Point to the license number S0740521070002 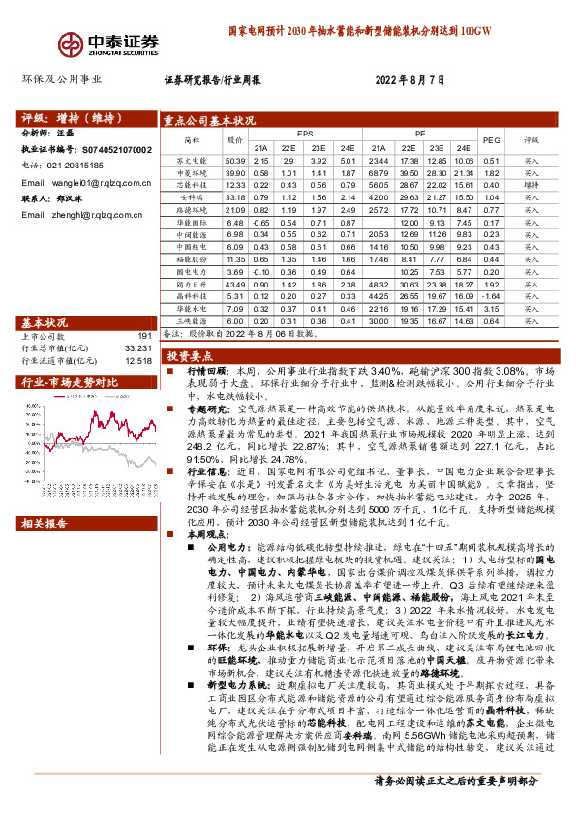click(112, 150)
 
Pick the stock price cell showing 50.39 click(235, 160)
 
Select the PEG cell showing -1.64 click(491, 297)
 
